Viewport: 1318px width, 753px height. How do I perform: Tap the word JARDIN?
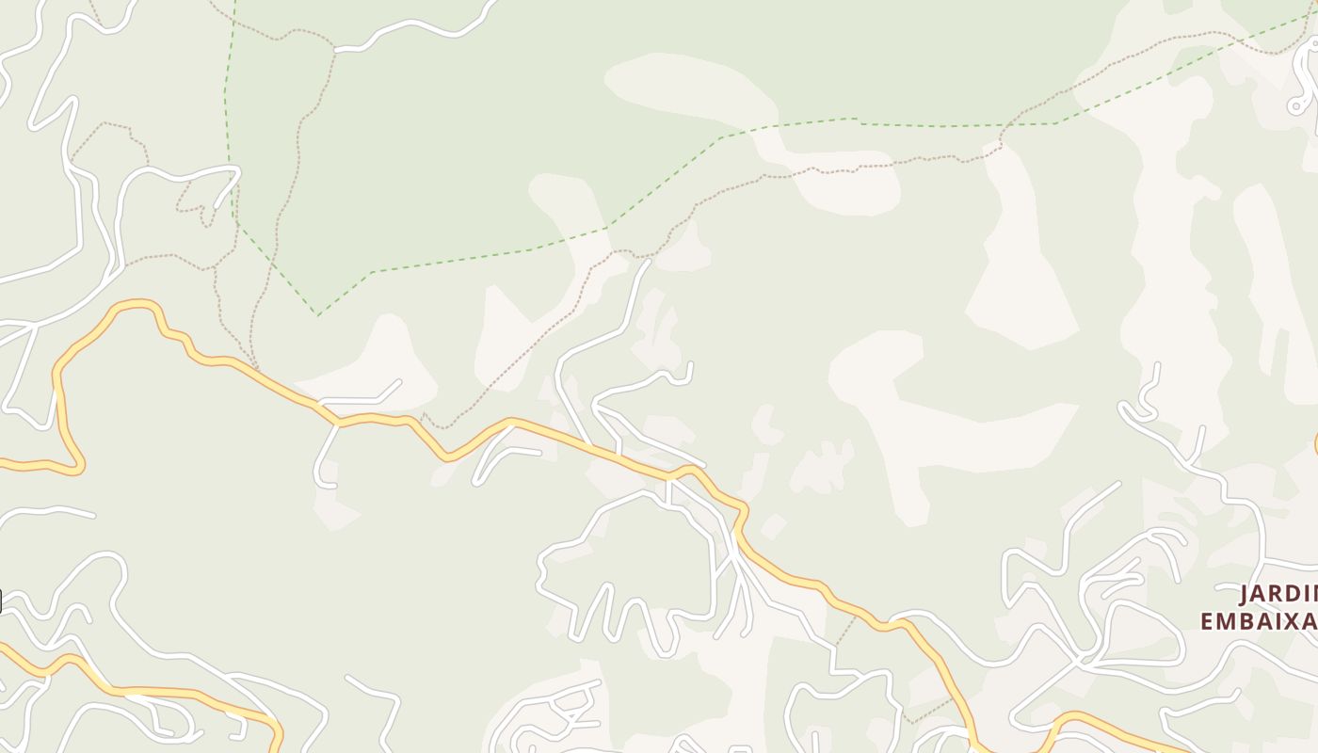[x=1278, y=595]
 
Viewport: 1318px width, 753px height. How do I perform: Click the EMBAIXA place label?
[x=1260, y=622]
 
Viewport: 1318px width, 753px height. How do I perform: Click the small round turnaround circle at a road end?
[x=1297, y=106]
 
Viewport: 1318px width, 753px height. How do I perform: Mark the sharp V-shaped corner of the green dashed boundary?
[x=318, y=315]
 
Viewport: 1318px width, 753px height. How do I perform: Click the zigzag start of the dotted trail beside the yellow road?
[x=426, y=416]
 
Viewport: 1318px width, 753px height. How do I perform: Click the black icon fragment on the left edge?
[x=1, y=601]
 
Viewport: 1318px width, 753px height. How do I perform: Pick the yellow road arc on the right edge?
[x=1315, y=444]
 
